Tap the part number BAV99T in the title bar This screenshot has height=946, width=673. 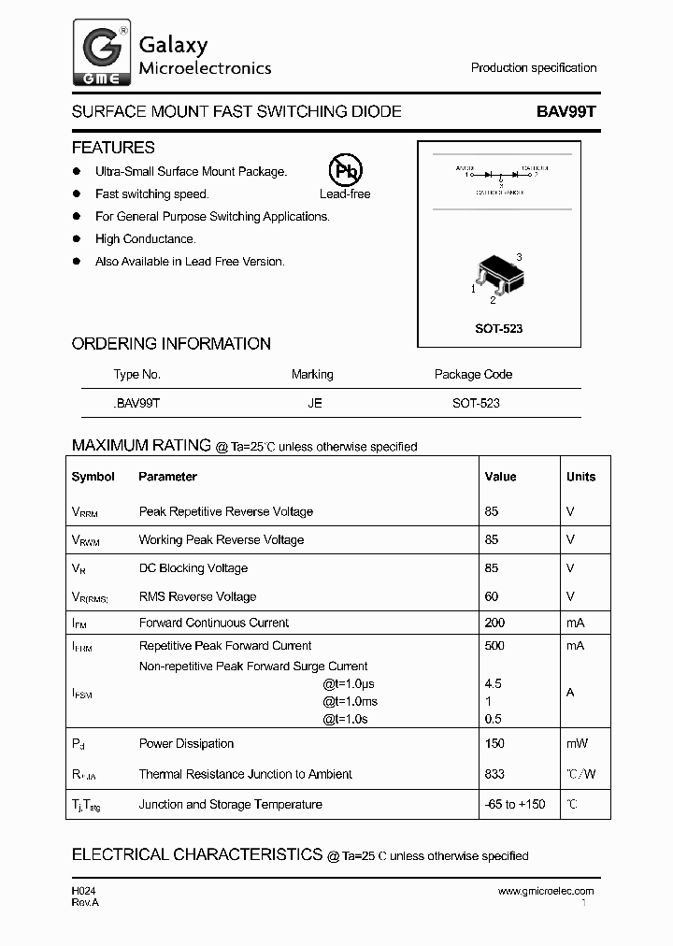(x=566, y=111)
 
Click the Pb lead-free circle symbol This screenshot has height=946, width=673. (x=345, y=170)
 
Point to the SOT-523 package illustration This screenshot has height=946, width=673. (x=498, y=277)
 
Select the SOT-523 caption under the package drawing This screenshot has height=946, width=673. (x=498, y=329)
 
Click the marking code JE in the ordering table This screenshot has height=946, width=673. (x=314, y=403)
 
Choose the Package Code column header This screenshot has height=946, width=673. (x=473, y=374)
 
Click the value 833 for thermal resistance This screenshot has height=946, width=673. (x=494, y=774)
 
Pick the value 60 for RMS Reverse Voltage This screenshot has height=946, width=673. (x=492, y=596)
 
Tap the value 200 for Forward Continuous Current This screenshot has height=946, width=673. (x=494, y=623)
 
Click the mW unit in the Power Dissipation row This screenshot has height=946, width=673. (x=577, y=743)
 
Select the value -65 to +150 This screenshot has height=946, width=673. (x=515, y=804)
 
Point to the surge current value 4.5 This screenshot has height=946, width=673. (x=494, y=683)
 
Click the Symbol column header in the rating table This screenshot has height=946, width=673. (x=93, y=477)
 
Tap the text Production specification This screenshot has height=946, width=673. (x=534, y=68)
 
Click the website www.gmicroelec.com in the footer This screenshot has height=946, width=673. (x=546, y=891)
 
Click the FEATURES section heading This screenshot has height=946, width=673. (x=113, y=148)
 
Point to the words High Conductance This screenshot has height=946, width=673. (x=145, y=239)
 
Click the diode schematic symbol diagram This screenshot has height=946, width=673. (x=498, y=177)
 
